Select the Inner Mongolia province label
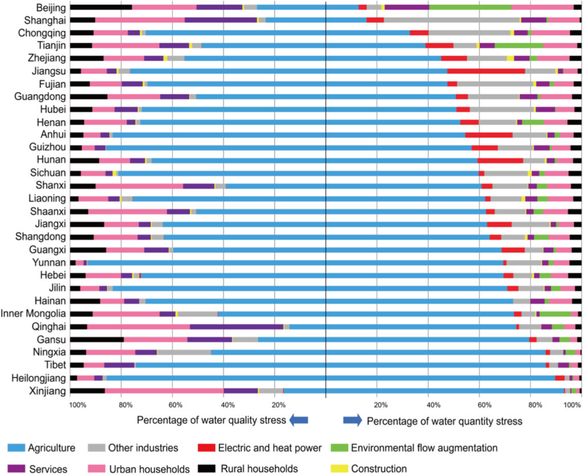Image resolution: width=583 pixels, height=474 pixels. point(33,314)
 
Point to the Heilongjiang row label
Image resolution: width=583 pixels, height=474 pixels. point(39,378)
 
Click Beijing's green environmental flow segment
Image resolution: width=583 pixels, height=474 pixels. point(470,7)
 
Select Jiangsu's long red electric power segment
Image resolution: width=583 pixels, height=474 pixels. point(486,71)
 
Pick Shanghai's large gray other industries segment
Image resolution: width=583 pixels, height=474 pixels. point(451,20)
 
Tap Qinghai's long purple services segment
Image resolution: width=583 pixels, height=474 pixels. point(236,326)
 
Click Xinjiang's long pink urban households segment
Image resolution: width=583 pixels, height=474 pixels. point(164,391)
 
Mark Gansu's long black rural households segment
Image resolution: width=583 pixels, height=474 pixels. point(97,340)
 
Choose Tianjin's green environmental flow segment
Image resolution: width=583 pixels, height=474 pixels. point(519,46)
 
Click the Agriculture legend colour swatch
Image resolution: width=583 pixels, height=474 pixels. point(16,448)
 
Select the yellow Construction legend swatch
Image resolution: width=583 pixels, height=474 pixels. point(339,468)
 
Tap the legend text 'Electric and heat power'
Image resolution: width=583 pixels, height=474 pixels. point(269,448)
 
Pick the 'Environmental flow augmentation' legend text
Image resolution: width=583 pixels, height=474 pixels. point(424,448)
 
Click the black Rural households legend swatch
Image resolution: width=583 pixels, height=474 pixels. point(206,468)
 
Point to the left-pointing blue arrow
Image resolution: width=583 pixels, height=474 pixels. point(298,420)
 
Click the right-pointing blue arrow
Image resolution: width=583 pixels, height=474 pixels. point(352,420)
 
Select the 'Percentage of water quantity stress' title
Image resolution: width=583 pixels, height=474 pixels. point(444,421)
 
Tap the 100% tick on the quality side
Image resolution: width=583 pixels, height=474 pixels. point(77,405)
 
